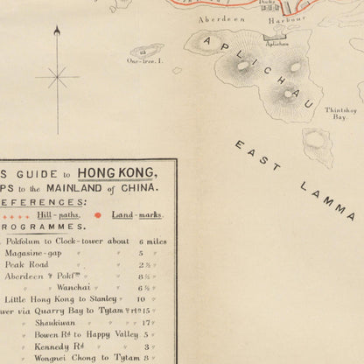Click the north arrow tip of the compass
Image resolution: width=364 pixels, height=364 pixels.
point(57,30)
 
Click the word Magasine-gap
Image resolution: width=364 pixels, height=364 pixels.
point(38,253)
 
